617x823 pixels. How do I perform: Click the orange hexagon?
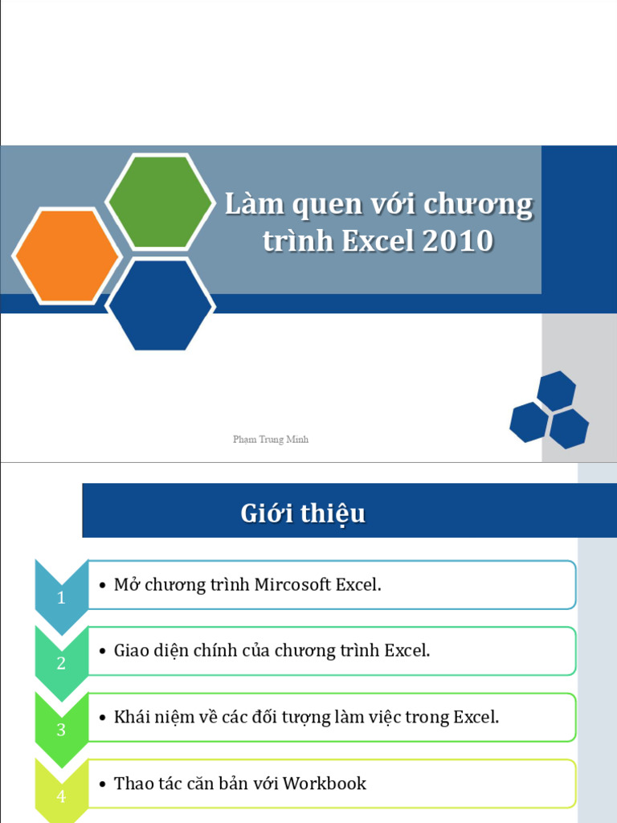coord(67,256)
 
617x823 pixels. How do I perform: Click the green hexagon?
coord(161,201)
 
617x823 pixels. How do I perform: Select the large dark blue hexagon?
coord(160,305)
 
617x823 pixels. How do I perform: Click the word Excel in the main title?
coord(375,241)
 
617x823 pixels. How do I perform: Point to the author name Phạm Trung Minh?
coord(271,440)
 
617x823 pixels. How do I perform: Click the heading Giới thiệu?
coord(303,514)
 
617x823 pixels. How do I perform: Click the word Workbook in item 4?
coord(325,784)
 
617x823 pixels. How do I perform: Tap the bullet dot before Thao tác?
coord(102,784)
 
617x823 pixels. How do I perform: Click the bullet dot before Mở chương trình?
coord(102,586)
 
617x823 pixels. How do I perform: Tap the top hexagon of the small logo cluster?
coord(556,391)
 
